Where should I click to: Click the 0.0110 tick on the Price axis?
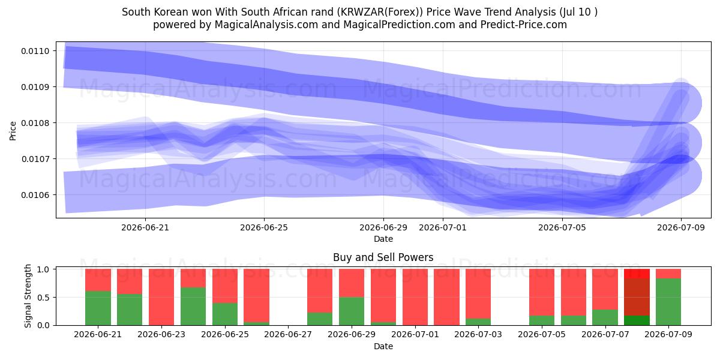pos(35,51)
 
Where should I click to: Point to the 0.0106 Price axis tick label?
pos(35,195)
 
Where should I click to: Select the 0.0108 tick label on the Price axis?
pos(35,123)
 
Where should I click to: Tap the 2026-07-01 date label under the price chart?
pos(443,227)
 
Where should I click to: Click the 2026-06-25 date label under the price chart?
pos(264,227)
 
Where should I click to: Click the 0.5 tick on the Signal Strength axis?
pos(43,298)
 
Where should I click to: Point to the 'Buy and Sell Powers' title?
pos(383,257)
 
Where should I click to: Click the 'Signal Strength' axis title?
pos(28,296)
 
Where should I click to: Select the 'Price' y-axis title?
pos(13,131)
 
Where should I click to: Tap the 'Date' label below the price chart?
pos(383,239)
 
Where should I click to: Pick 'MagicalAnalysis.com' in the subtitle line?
pos(266,25)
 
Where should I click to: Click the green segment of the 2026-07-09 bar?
pos(668,302)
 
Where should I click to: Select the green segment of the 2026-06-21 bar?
pos(98,308)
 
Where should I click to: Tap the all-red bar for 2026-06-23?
pos(161,297)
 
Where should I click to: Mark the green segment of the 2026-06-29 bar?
pos(352,311)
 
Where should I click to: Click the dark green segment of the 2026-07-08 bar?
pos(637,320)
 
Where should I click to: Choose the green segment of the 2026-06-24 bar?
pos(193,307)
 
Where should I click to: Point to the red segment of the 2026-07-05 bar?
pos(542,292)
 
